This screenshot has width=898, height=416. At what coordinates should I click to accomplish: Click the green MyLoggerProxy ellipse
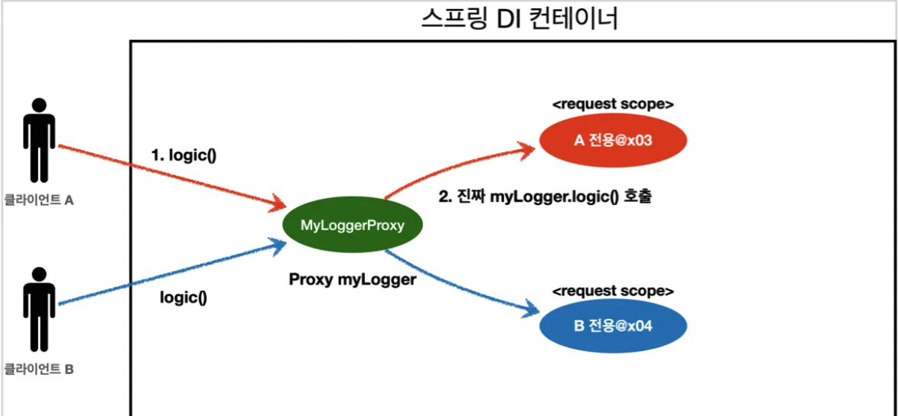(352, 225)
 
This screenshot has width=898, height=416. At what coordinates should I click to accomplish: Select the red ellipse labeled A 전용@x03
(613, 141)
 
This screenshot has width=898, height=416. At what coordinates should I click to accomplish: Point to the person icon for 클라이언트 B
(38, 310)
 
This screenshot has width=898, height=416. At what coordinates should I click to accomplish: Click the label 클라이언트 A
(38, 202)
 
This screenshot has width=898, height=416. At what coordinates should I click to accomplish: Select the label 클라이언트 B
(38, 369)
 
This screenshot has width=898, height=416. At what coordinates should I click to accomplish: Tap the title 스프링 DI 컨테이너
(519, 18)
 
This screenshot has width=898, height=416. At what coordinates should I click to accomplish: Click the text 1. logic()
(184, 155)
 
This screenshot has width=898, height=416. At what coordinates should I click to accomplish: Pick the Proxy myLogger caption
(353, 279)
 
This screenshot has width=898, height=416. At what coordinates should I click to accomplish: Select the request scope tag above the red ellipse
(613, 103)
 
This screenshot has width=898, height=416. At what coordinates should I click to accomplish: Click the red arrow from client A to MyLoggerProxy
(168, 177)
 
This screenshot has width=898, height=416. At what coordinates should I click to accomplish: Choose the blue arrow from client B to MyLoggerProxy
(168, 275)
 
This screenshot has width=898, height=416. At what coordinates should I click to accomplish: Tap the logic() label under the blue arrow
(184, 297)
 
